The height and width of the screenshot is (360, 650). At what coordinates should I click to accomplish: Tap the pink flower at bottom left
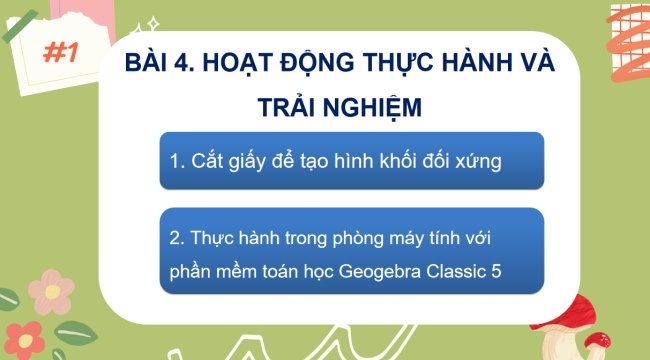click(x=50, y=289)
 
